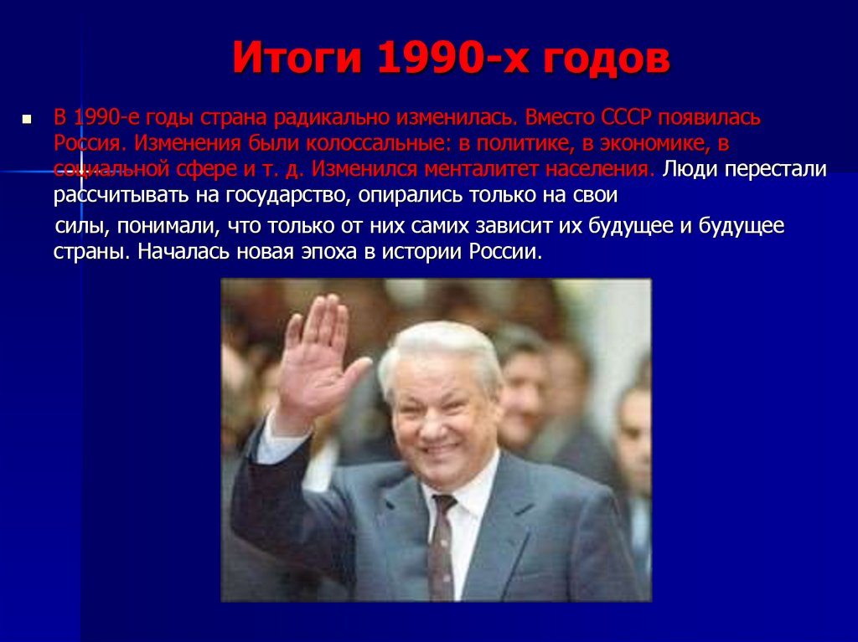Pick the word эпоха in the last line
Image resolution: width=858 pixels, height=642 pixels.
click(323, 252)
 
